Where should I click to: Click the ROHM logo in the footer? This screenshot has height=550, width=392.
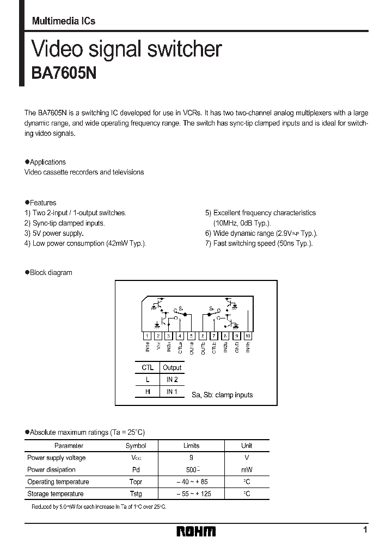[196, 531]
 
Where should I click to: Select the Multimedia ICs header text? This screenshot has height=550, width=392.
[63, 21]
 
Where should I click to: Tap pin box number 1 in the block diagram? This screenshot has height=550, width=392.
[146, 336]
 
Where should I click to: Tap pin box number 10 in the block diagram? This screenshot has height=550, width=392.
[248, 336]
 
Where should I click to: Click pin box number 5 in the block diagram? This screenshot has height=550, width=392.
[191, 336]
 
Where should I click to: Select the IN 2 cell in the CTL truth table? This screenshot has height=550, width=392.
[172, 379]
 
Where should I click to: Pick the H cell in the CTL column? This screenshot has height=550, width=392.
[148, 391]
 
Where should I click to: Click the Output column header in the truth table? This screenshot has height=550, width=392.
[172, 367]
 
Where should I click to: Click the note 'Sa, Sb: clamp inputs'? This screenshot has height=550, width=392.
[222, 395]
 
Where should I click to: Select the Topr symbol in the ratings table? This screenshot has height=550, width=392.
[136, 482]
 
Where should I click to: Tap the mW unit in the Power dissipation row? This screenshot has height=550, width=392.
[247, 470]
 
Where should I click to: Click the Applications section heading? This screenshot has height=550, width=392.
[46, 162]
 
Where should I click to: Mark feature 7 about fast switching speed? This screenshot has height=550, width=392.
[259, 243]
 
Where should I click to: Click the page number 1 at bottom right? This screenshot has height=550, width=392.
[365, 530]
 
